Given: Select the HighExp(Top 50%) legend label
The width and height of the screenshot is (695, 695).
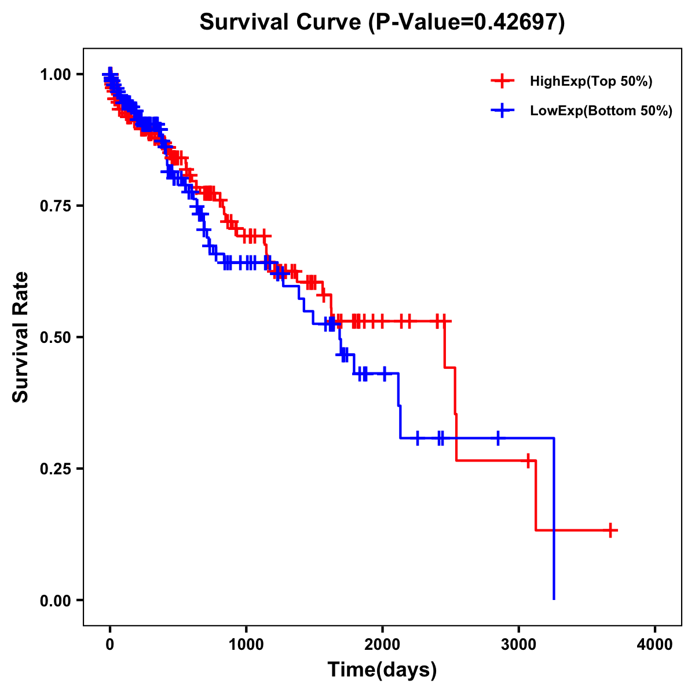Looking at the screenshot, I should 591,82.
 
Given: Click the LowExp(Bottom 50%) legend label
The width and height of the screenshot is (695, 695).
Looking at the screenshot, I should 601,111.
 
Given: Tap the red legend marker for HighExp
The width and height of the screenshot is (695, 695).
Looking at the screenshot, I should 502,82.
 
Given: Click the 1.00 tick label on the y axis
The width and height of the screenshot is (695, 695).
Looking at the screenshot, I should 55,75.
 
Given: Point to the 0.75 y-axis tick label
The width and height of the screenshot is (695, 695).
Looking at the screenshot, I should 55,206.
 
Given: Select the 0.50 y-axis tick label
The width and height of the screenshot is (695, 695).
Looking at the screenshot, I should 55,338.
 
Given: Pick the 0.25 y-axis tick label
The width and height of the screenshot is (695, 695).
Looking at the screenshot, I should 55,469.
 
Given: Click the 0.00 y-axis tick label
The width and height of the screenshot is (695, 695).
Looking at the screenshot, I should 55,601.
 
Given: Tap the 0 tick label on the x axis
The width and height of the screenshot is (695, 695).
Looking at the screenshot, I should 110,645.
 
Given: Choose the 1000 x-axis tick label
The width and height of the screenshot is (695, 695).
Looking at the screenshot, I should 246,645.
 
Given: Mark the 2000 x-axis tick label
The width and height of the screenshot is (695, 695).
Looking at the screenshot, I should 382,645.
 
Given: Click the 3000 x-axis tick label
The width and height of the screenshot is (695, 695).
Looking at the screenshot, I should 519,645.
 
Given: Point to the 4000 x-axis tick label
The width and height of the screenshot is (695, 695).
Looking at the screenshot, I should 655,645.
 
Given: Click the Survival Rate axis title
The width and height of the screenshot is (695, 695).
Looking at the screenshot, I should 21,337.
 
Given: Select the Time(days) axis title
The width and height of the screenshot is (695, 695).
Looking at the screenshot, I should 382,670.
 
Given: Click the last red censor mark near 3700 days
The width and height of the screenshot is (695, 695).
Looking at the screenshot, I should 610,530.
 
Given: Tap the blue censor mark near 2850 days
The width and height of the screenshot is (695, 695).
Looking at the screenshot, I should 498,438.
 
